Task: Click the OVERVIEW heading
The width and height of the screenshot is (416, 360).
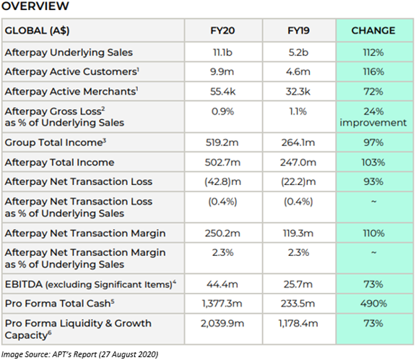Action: tap(35, 6)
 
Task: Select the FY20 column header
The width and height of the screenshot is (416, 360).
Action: tap(222, 30)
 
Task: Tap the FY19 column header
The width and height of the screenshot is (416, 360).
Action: tap(298, 30)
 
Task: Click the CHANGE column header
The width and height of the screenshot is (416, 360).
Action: tap(373, 30)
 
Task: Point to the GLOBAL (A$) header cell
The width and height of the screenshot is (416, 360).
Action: tap(37, 31)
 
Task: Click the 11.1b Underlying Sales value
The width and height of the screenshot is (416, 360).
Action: tap(222, 52)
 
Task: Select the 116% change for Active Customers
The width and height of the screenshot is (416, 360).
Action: tap(373, 72)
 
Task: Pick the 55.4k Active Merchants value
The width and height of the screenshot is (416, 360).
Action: tap(222, 92)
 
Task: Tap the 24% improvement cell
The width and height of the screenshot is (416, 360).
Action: tap(373, 117)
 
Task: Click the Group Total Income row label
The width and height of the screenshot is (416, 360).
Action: tap(56, 142)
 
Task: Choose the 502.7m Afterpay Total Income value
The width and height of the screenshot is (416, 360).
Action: tap(222, 162)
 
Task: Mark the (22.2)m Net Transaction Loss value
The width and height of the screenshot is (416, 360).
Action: tap(298, 181)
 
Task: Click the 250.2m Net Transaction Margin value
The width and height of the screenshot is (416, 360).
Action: tap(222, 233)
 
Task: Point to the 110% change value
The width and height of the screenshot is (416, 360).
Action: tap(373, 233)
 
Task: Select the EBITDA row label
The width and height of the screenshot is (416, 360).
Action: tap(90, 284)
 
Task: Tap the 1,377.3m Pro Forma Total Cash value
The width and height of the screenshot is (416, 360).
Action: tap(222, 304)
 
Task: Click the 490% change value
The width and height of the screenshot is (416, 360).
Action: tap(373, 304)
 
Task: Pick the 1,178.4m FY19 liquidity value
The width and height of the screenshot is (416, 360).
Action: tap(298, 323)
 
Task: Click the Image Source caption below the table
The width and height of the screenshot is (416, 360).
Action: tap(79, 355)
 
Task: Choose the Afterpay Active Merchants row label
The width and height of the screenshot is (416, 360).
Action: tap(71, 92)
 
